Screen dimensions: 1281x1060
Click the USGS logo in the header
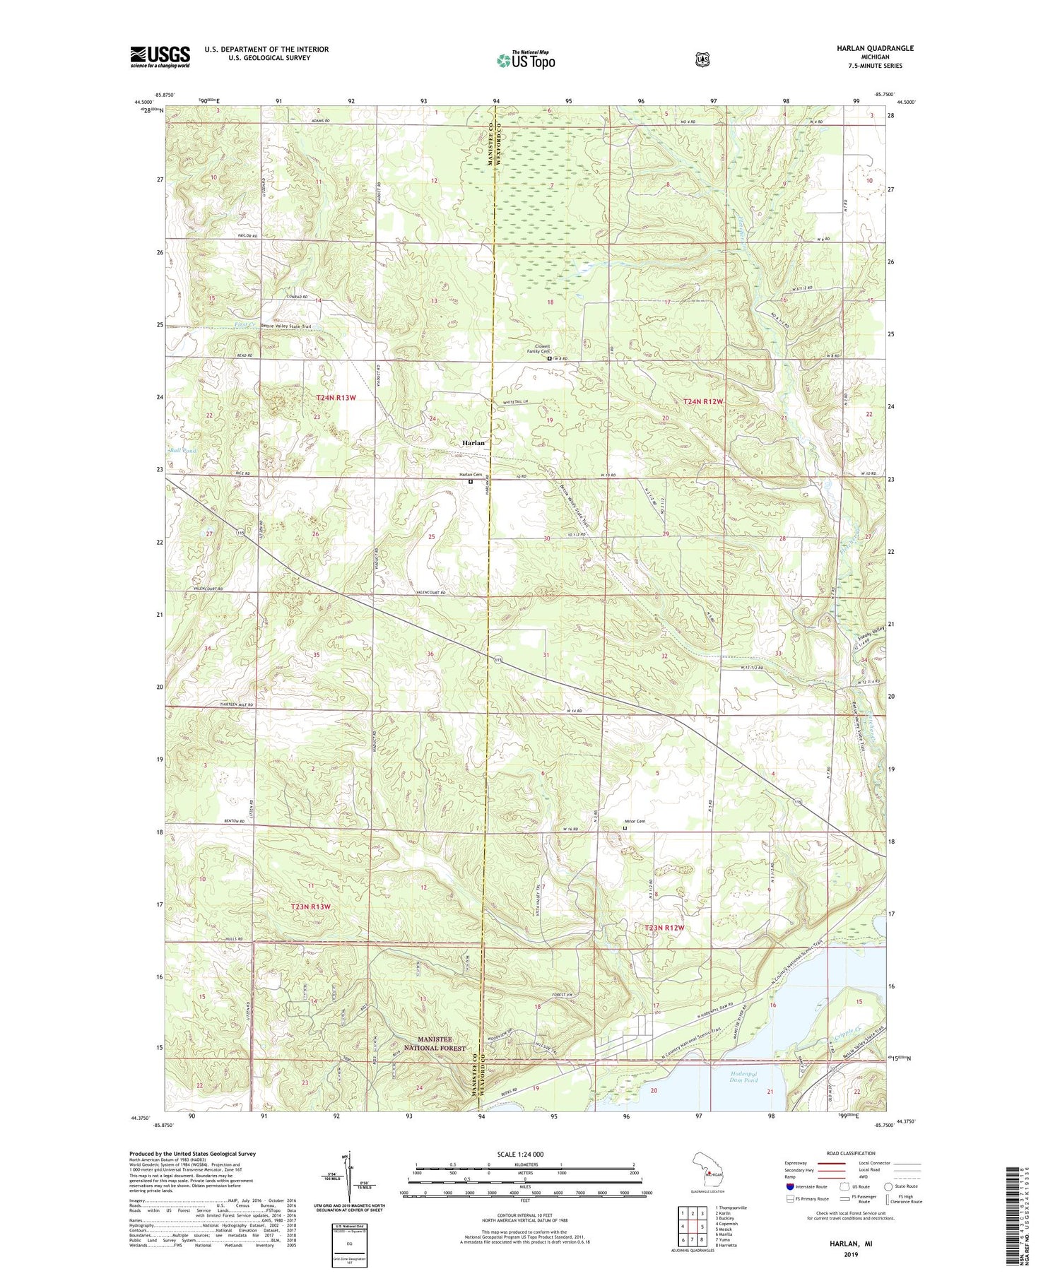point(160,56)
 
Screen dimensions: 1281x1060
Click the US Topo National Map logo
point(526,60)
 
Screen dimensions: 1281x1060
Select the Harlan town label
point(473,443)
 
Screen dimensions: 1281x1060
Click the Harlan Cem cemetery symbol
point(471,482)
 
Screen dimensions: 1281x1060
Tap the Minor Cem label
point(634,821)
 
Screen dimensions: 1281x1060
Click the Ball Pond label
point(182,450)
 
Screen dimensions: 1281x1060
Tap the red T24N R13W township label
point(336,398)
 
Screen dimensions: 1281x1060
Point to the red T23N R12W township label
point(664,927)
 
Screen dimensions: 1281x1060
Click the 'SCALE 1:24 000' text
point(524,1154)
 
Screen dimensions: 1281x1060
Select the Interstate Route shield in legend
point(789,1186)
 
